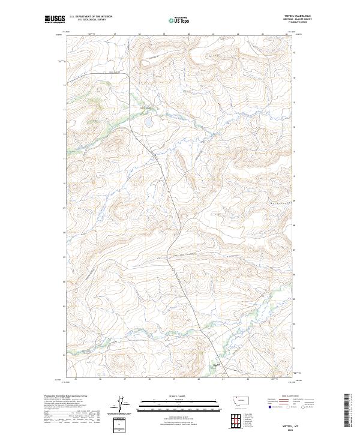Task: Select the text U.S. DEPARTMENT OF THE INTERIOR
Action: (x=91, y=16)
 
